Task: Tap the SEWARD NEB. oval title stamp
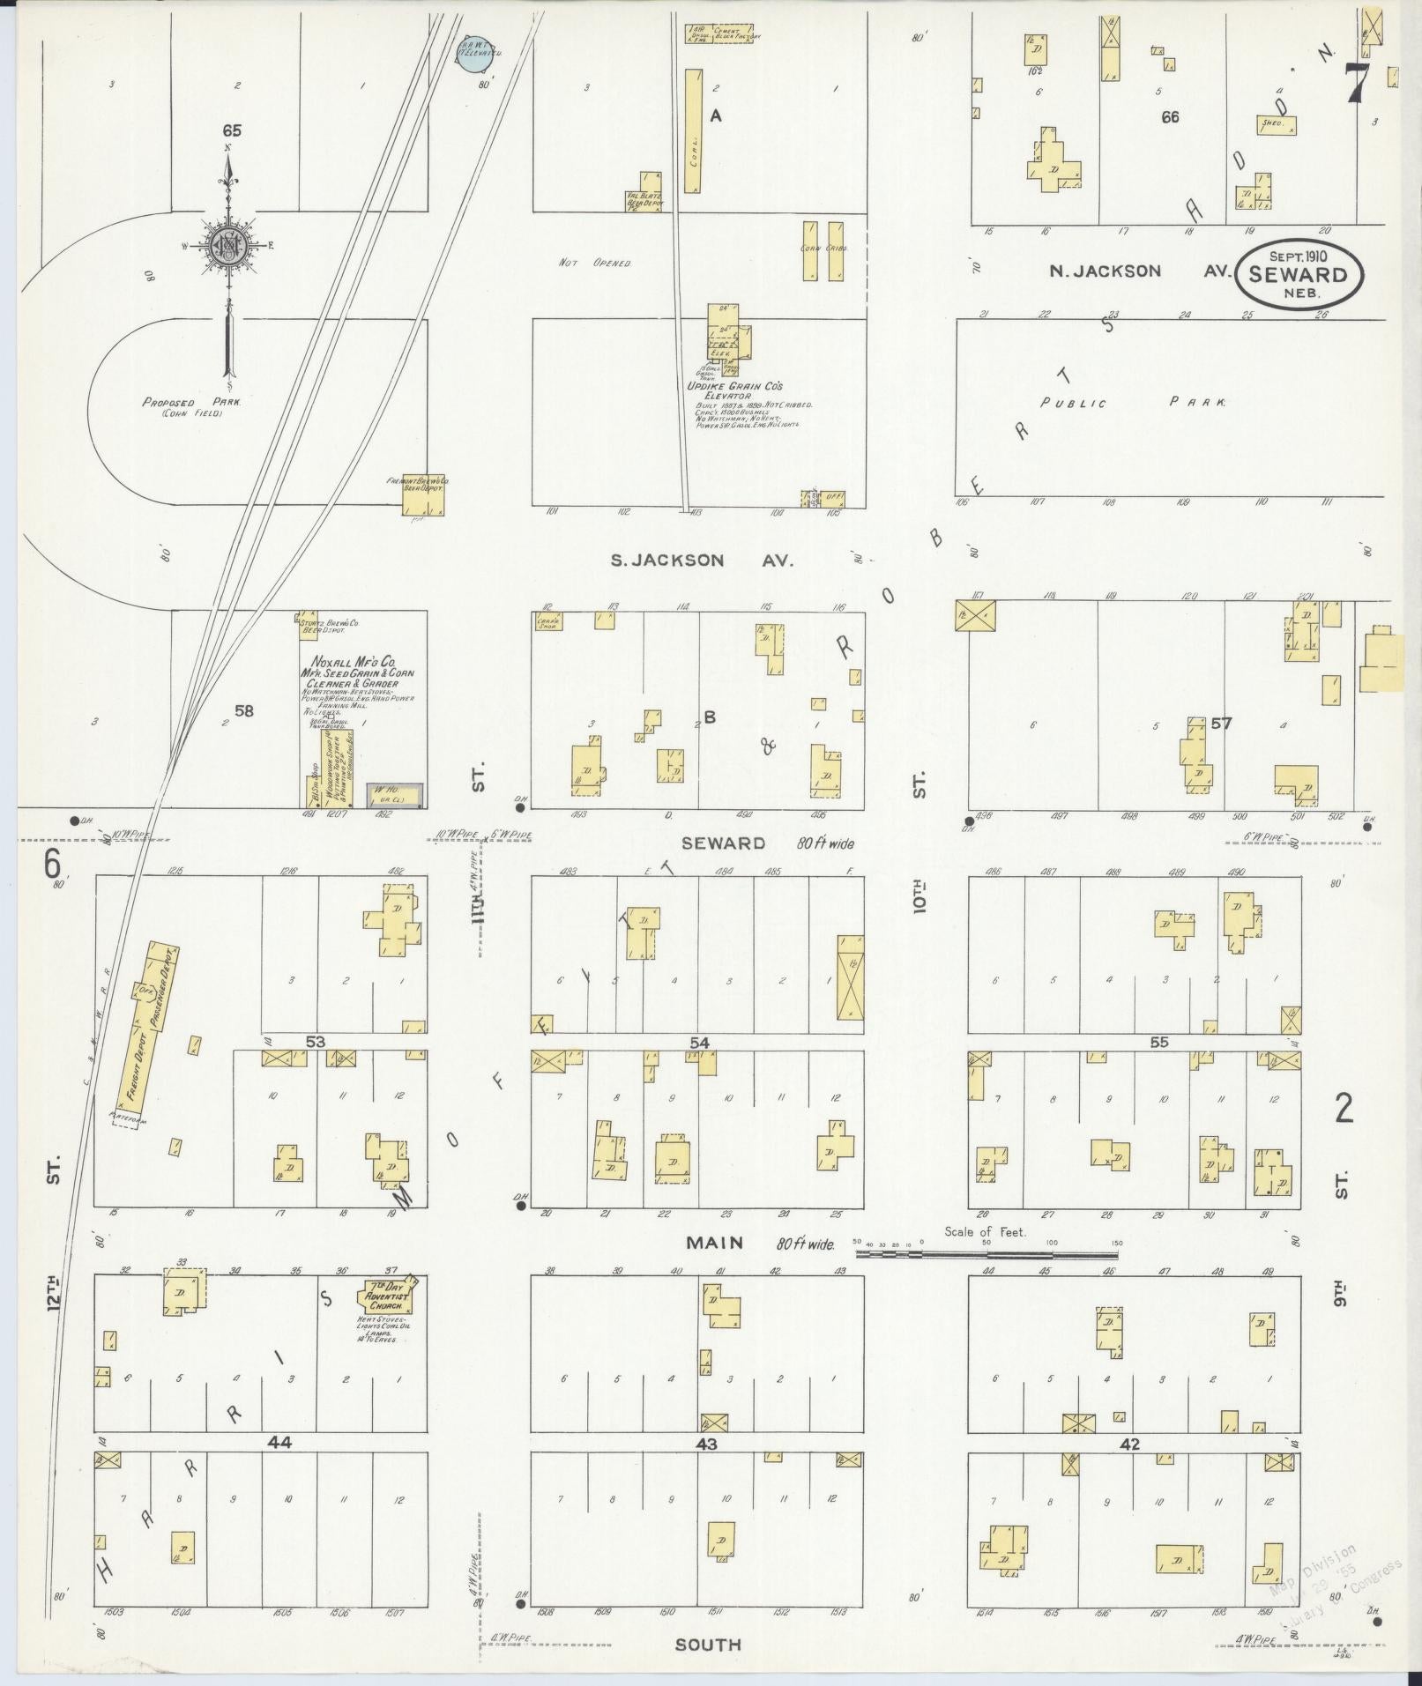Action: pyautogui.click(x=1299, y=274)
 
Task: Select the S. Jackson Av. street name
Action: pyautogui.click(x=703, y=560)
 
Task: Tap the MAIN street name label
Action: pyautogui.click(x=715, y=1243)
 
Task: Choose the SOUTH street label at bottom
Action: pyautogui.click(x=708, y=1645)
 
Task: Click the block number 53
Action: pyautogui.click(x=315, y=1042)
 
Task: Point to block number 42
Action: pyautogui.click(x=1130, y=1445)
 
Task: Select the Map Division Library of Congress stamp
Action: pyautogui.click(x=1334, y=1582)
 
